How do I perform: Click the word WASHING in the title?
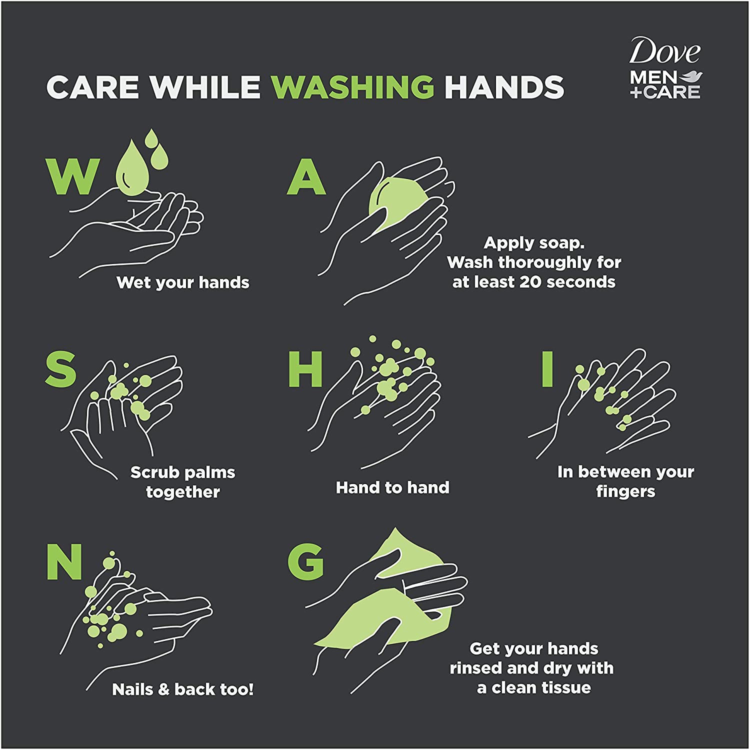pos(352,87)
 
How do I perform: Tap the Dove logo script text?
pos(665,51)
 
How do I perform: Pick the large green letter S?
pos(60,368)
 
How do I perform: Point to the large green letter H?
pos(305,368)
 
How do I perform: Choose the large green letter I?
pos(548,368)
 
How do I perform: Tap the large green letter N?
pos(64,561)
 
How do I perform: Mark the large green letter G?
pos(305,561)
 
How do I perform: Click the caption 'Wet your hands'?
pos(183,283)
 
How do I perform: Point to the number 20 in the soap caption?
pos(530,282)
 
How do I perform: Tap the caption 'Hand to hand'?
pos(392,487)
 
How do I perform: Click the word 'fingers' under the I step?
pos(625,491)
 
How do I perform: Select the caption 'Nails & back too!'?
pos(183,689)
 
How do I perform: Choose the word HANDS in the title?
pos(504,87)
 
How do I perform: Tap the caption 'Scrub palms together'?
pos(183,482)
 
